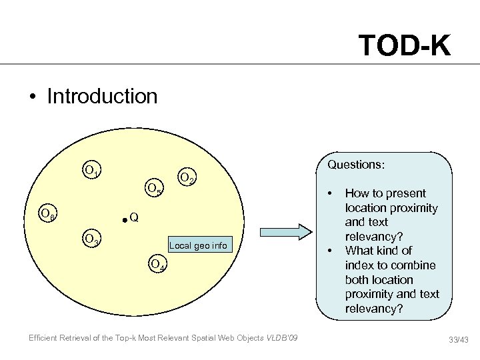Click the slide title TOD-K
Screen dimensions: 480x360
[404, 45]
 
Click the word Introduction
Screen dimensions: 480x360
[102, 96]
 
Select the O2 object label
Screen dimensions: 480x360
[187, 178]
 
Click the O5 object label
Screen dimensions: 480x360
[154, 189]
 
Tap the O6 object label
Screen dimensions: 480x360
[47, 214]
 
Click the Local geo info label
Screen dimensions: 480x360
[199, 246]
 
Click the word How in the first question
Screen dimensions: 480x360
[357, 193]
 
